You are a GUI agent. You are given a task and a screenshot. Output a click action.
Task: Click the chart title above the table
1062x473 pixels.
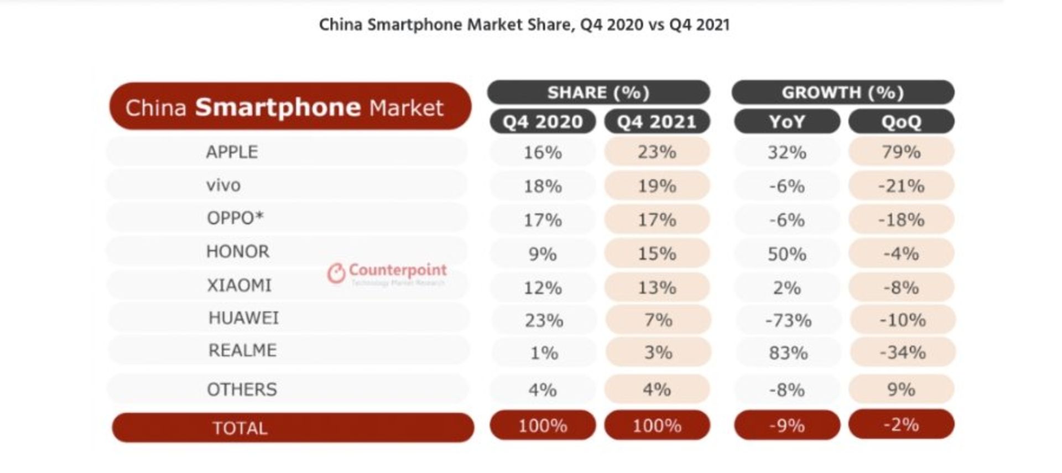click(524, 25)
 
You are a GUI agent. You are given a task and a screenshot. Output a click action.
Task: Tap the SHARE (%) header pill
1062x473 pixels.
click(598, 92)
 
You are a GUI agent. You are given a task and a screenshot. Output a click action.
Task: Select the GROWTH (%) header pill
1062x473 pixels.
click(842, 92)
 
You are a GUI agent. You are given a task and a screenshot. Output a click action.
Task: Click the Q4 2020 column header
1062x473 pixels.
click(543, 122)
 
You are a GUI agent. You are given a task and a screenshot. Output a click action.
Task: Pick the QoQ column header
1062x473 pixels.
click(901, 122)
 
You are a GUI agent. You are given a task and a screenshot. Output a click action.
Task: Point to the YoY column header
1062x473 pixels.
click(787, 122)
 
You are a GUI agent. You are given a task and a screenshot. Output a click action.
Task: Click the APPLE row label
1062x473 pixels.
click(232, 152)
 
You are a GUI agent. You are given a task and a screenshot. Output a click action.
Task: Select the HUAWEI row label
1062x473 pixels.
click(243, 318)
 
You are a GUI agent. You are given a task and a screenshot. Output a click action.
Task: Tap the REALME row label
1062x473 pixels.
click(242, 351)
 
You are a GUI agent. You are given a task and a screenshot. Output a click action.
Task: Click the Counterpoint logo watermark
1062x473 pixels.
click(387, 273)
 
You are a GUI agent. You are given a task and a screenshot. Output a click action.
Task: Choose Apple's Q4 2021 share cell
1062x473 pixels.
click(657, 152)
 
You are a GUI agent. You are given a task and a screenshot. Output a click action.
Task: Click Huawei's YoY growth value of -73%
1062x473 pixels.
click(788, 320)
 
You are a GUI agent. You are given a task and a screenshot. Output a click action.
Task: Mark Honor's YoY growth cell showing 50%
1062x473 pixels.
click(787, 254)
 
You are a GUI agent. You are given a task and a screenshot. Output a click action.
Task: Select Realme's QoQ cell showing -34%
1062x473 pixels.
click(902, 352)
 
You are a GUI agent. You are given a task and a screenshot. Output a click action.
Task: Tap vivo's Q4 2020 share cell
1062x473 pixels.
click(543, 186)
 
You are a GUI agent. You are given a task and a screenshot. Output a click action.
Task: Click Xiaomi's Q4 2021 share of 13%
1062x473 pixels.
click(657, 288)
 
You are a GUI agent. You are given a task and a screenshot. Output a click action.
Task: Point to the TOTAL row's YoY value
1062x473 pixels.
click(787, 425)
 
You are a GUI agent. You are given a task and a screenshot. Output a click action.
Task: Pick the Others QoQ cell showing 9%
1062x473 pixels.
click(901, 389)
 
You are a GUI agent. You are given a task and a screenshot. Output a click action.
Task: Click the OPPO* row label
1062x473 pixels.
click(235, 218)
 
